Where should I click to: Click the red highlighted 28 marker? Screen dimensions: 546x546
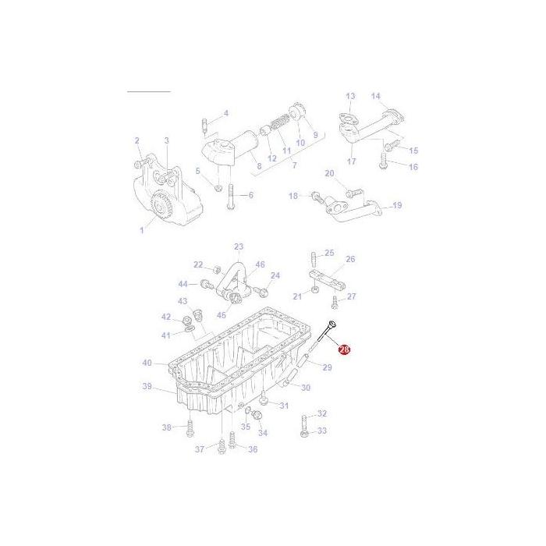click(x=344, y=351)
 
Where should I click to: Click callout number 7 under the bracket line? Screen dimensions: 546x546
click(x=293, y=165)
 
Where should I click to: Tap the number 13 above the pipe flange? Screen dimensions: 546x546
click(x=350, y=96)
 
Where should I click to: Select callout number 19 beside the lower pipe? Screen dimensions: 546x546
click(x=396, y=206)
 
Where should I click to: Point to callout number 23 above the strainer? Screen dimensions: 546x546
click(x=238, y=246)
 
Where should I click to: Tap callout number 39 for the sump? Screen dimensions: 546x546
click(x=147, y=387)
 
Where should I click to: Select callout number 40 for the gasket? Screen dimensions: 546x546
click(x=147, y=363)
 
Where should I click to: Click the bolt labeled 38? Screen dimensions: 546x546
click(x=190, y=427)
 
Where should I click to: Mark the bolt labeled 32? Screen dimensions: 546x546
click(x=303, y=417)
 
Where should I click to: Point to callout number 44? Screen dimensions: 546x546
click(x=183, y=284)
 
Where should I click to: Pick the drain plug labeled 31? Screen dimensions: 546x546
click(x=264, y=401)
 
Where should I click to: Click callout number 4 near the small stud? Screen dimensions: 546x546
click(x=225, y=113)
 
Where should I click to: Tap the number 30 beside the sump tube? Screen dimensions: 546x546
click(x=305, y=388)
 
